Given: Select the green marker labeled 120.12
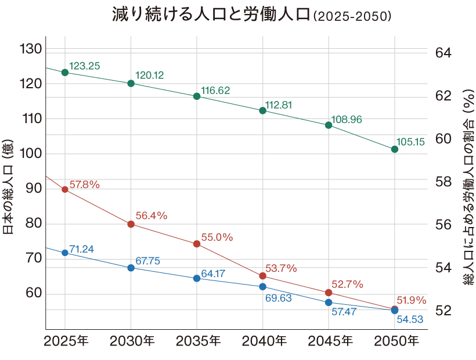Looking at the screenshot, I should [131, 84].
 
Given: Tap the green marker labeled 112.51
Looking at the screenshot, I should [262, 111].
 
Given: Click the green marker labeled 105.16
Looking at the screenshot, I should [394, 149].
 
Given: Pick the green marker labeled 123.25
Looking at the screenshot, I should [65, 72].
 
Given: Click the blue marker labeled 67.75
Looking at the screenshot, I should [131, 268].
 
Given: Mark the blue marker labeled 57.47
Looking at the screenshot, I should [329, 303].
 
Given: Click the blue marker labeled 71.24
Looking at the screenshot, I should [65, 253].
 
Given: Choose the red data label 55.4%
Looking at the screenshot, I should [151, 215].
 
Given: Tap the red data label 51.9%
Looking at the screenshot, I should [411, 301].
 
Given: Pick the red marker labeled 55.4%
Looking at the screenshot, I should [131, 224].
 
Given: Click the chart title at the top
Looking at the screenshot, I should [252, 15].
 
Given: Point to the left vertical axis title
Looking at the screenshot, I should [8, 187].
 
